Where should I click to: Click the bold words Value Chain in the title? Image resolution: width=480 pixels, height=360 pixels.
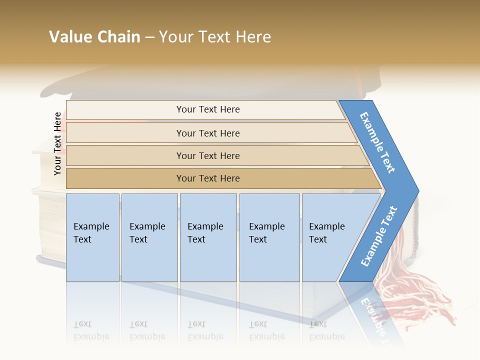[94, 37]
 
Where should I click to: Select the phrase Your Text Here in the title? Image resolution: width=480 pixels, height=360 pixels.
[215, 37]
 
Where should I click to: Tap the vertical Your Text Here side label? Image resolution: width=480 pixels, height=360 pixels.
[57, 143]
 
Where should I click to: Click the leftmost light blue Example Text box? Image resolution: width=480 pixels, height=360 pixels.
[92, 237]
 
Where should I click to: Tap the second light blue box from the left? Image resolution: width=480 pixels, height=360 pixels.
[149, 237]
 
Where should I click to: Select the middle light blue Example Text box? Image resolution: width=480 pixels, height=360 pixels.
[208, 237]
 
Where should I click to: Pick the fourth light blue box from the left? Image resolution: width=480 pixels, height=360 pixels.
[269, 237]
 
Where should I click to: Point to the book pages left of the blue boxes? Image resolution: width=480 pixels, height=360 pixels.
[51, 230]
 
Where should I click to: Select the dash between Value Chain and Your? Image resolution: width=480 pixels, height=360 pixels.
[149, 37]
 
